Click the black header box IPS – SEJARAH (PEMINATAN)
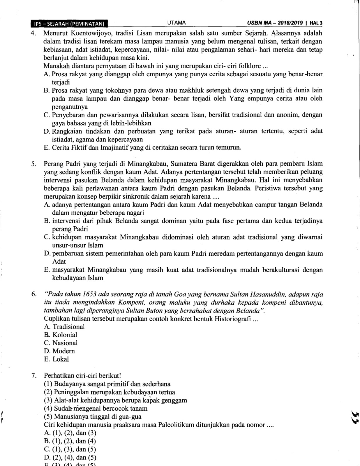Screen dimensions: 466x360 (69, 24)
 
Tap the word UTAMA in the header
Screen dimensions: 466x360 (177, 23)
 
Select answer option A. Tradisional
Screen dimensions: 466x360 (64, 327)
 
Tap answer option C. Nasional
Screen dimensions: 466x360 (61, 343)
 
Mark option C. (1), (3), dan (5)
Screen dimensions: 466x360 (70, 449)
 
